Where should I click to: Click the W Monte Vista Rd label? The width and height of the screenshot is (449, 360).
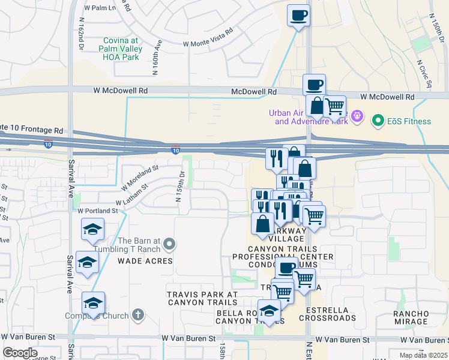(207, 37)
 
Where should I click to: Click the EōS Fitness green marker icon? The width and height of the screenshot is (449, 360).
(378, 121)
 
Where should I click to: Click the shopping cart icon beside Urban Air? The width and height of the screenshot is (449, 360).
(334, 107)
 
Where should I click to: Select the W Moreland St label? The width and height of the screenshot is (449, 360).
(140, 176)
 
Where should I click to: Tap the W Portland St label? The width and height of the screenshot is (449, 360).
(97, 211)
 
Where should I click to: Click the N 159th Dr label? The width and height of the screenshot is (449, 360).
(179, 187)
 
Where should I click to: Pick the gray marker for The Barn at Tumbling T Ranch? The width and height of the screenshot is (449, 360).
(169, 244)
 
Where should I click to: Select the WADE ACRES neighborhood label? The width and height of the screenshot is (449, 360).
(145, 261)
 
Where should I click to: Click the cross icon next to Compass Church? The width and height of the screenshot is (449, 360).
(137, 315)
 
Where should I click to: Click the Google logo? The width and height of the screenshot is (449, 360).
(20, 353)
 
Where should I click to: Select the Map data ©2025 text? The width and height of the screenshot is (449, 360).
(423, 355)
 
